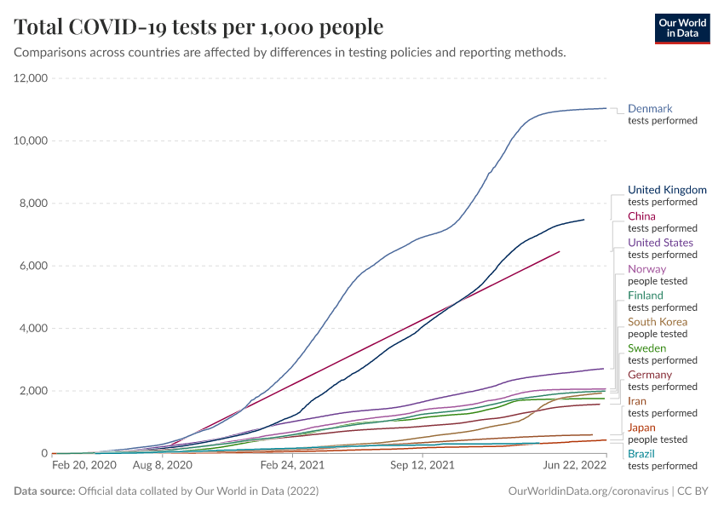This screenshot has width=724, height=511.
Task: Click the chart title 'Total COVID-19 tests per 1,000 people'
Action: coord(198,27)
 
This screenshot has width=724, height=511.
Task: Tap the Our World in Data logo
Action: coord(681,28)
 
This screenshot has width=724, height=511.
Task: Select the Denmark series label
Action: coord(650,109)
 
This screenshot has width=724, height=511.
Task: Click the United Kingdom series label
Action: coord(667,190)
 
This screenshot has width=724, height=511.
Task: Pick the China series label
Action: coord(641,216)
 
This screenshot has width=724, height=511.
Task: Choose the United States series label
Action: coord(660,243)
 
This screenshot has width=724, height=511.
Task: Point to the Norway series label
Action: coord(646,269)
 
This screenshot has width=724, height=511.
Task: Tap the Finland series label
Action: coord(645,296)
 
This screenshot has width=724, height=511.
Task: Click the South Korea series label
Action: coord(657,322)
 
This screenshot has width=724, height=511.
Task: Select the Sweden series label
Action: coord(646,348)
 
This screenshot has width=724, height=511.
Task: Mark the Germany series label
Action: coord(650,375)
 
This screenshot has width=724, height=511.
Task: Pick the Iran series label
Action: coord(637,401)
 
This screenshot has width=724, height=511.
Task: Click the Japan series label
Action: coord(641,428)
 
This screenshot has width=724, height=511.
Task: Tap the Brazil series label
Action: coord(641,454)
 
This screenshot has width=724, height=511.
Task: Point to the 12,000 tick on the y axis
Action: coord(30,78)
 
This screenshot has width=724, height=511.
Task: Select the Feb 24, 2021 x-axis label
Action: coord(292,466)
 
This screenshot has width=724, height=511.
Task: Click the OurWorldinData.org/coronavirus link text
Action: coord(586,491)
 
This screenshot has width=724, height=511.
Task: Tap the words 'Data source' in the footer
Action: coord(45,491)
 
